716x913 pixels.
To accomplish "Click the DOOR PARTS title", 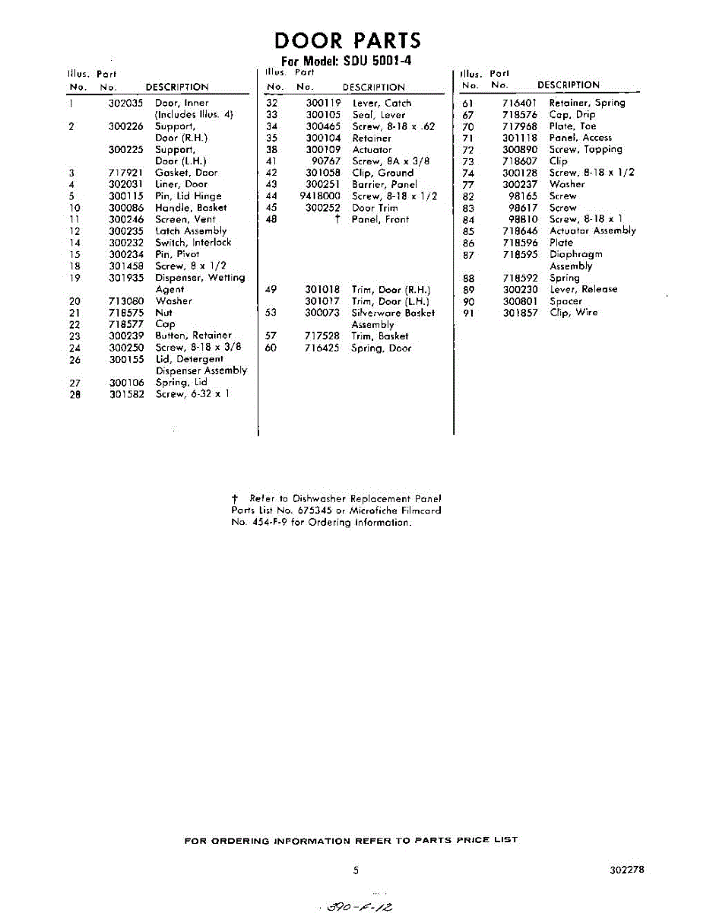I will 347,40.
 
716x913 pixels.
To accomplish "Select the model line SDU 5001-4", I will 347,61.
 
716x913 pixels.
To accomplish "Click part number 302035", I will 125,103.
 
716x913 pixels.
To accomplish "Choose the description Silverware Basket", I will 392,313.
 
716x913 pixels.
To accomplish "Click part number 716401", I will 519,103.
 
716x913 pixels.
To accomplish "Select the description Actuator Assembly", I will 592,231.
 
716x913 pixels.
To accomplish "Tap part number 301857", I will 519,313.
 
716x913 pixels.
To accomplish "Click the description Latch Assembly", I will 191,231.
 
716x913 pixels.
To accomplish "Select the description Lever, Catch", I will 382,103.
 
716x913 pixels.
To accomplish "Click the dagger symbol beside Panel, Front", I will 335,219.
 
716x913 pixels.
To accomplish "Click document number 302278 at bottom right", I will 626,869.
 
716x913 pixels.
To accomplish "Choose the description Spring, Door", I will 381,348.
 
